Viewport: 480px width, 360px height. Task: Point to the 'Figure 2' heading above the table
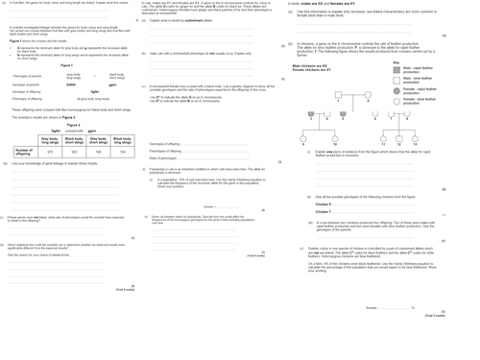(x=74, y=125)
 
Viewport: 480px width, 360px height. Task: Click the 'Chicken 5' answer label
(x=323, y=204)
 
